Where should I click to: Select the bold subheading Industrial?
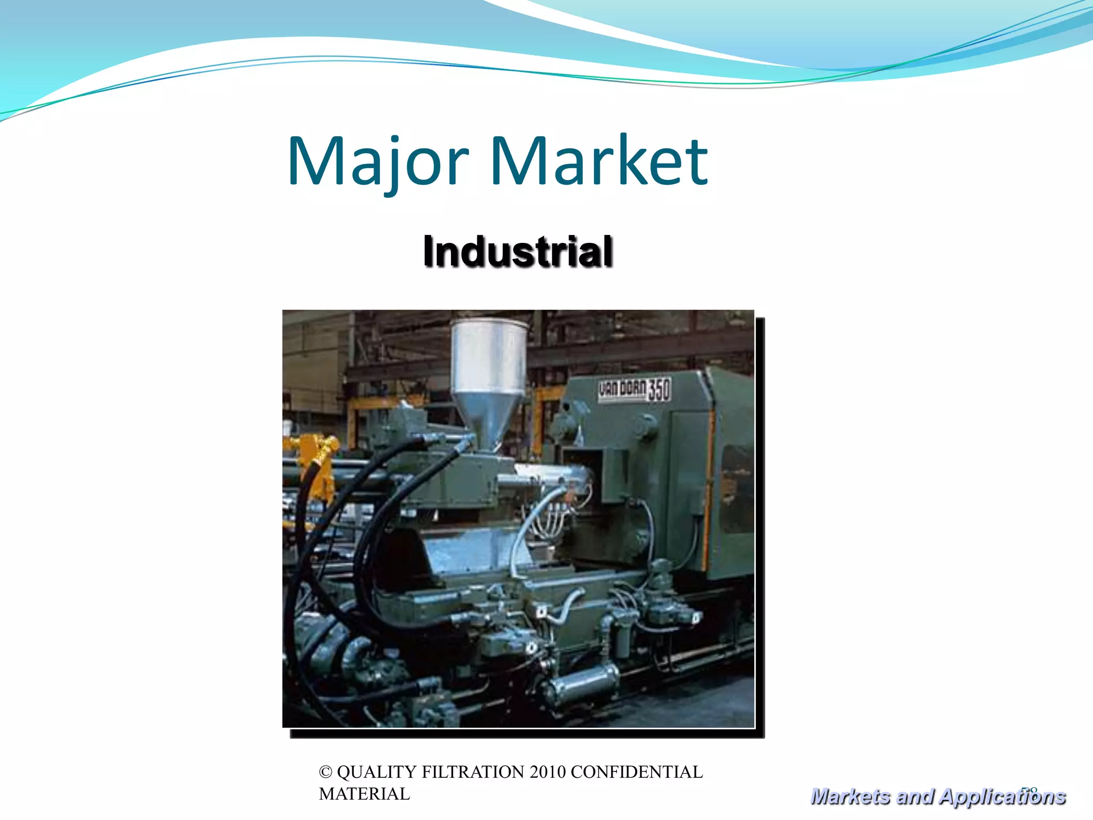coord(517,251)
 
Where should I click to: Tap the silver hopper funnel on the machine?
coord(488,374)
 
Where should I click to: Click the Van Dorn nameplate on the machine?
coord(622,390)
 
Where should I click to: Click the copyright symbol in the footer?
coord(325,772)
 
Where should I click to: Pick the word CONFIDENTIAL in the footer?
coord(637,772)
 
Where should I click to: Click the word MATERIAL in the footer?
coord(365,794)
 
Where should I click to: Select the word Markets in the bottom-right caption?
coord(850,797)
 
